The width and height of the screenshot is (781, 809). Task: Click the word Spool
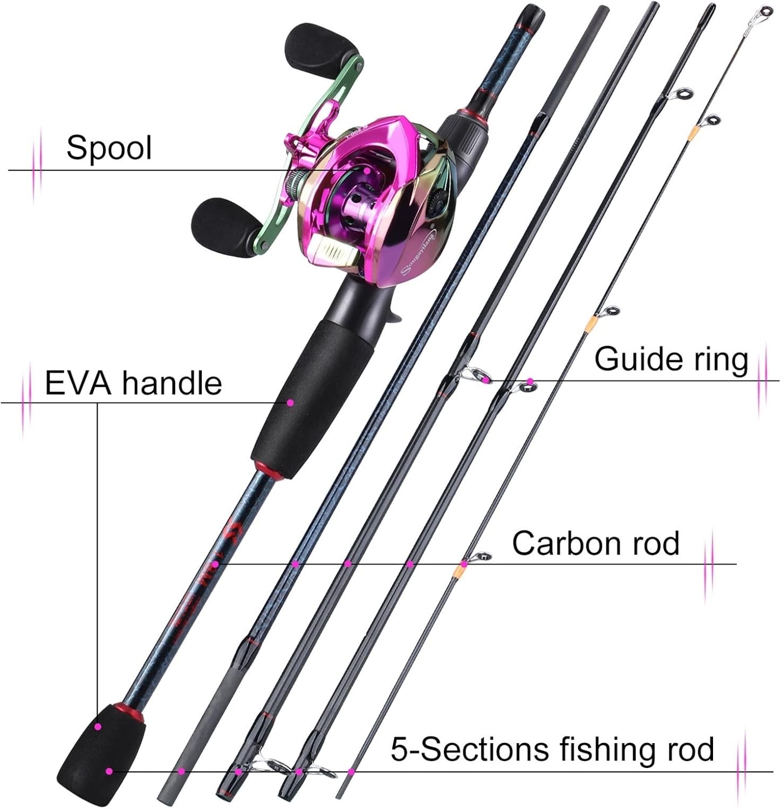[x=109, y=148]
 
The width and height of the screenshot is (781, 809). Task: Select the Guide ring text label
[x=671, y=359]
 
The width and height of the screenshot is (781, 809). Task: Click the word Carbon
[x=558, y=543]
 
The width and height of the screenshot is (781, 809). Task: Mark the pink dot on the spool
[x=367, y=170]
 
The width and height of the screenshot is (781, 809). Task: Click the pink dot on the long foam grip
[x=290, y=402]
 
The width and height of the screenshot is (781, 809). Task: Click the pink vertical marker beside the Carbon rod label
[x=710, y=565]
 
